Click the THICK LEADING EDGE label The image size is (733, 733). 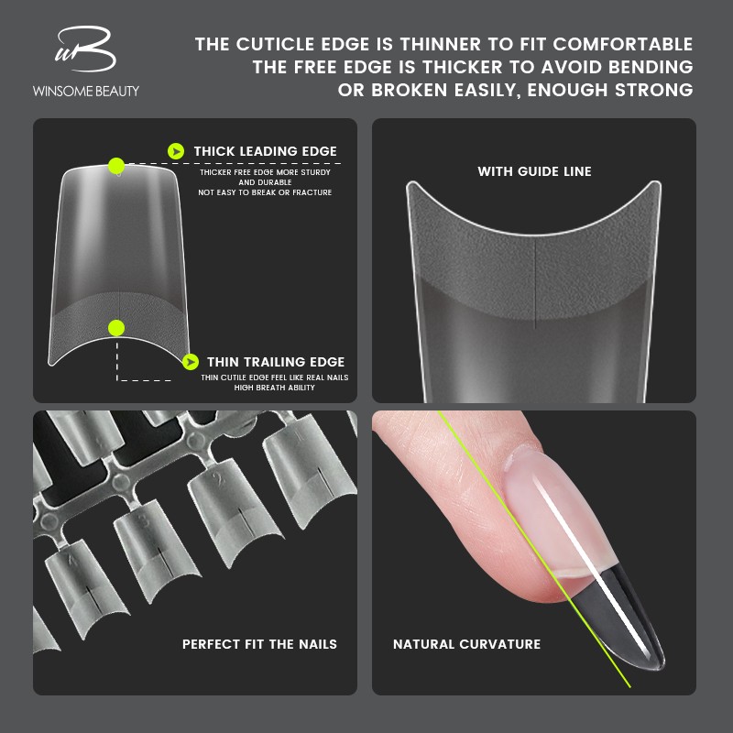pyautogui.click(x=265, y=151)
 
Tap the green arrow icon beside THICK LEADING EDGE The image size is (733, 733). pyautogui.click(x=176, y=151)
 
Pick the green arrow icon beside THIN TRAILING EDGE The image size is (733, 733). pyautogui.click(x=190, y=362)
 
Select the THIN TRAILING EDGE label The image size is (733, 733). pyautogui.click(x=276, y=362)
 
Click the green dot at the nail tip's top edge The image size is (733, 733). pyautogui.click(x=116, y=166)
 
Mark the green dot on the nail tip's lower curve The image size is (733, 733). pyautogui.click(x=116, y=327)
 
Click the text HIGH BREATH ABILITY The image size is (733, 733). pyautogui.click(x=274, y=388)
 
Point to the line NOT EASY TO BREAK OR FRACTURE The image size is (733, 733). pyautogui.click(x=265, y=192)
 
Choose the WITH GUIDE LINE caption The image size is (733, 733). pyautogui.click(x=534, y=171)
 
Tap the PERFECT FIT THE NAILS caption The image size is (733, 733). pyautogui.click(x=259, y=644)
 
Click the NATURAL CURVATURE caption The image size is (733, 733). pyautogui.click(x=466, y=644)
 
